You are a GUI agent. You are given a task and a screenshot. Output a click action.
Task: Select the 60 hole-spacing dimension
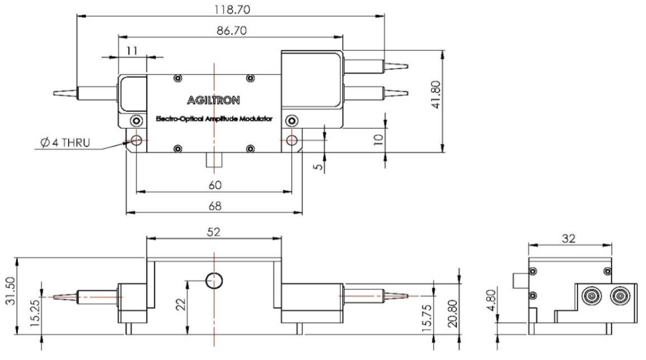[214, 185]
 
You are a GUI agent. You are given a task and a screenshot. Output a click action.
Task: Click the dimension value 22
[181, 306]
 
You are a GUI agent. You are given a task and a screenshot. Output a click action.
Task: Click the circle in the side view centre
[214, 280]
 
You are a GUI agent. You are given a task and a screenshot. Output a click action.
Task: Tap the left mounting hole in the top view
[136, 141]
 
